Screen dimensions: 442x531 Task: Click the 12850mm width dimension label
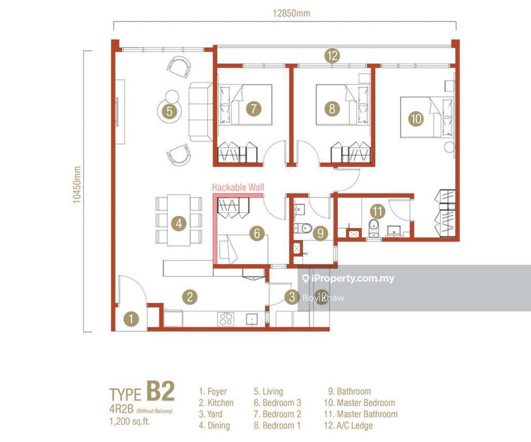(x=291, y=14)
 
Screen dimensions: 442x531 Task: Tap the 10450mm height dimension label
(x=78, y=184)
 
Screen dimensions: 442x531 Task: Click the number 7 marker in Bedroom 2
(x=253, y=109)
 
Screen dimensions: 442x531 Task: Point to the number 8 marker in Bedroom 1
(x=332, y=109)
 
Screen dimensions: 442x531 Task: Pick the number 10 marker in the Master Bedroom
(x=415, y=119)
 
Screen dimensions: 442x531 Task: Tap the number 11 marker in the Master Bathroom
(x=378, y=211)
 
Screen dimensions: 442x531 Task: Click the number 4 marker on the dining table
(x=178, y=224)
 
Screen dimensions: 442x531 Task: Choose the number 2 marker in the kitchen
(x=190, y=297)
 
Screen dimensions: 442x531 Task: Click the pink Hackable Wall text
(x=238, y=188)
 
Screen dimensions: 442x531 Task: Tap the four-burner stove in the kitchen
(x=226, y=319)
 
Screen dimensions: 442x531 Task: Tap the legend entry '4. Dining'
(x=215, y=425)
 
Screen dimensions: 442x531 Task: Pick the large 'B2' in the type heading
(x=160, y=391)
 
